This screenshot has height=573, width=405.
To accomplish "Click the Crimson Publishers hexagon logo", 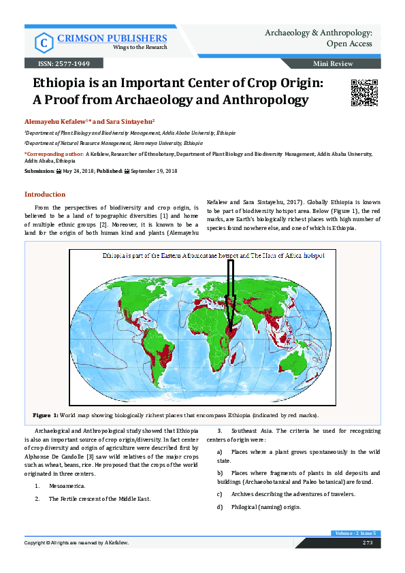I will [x=44, y=43].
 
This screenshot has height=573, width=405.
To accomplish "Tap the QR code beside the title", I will [x=363, y=93].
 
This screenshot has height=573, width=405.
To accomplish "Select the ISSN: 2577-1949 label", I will [x=58, y=63].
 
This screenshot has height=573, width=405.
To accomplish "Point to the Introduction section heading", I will [x=44, y=194].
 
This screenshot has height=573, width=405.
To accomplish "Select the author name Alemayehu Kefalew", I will [x=56, y=120].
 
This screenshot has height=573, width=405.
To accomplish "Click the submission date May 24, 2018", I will [x=82, y=171].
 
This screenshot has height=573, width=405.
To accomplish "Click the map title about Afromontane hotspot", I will [x=214, y=256].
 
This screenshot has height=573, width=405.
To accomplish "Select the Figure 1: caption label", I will [x=45, y=414].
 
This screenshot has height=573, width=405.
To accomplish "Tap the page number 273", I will [x=368, y=542].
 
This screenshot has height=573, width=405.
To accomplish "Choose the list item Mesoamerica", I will [x=63, y=487].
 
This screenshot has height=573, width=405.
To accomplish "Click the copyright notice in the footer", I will [x=76, y=542].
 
